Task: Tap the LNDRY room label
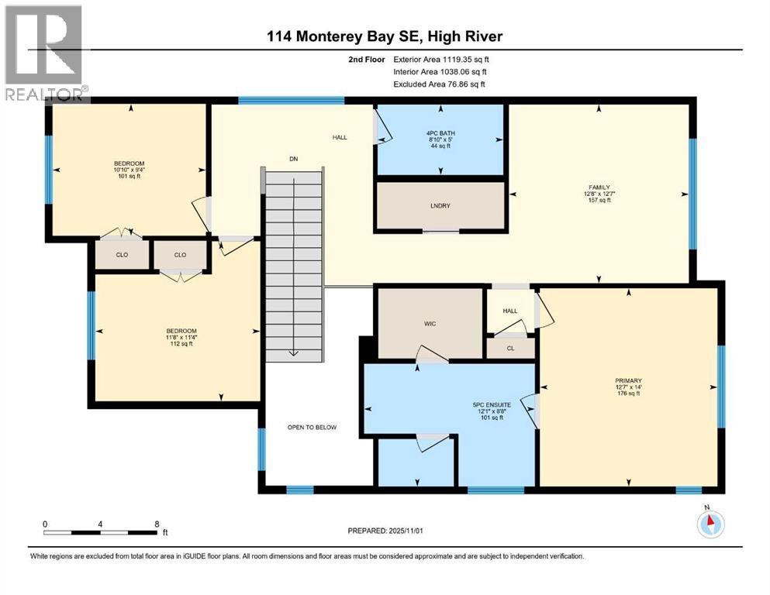(x=440, y=205)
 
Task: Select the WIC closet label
(x=430, y=323)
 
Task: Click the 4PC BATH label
(x=440, y=133)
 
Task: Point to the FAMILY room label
(x=598, y=187)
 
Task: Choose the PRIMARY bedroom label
(x=628, y=380)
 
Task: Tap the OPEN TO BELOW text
(x=312, y=427)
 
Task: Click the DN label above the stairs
(x=294, y=159)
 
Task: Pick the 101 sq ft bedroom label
(x=129, y=163)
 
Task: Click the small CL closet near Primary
(x=509, y=349)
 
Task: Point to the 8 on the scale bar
(x=158, y=524)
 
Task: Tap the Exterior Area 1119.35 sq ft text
(x=441, y=59)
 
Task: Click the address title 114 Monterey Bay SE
(x=385, y=36)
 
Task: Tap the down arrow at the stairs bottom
(x=294, y=352)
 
